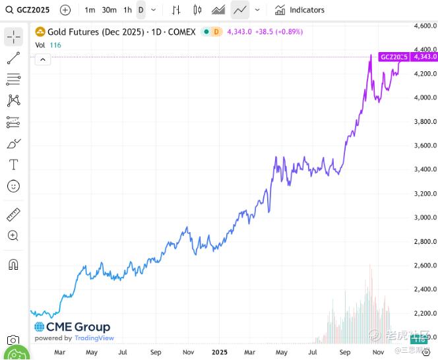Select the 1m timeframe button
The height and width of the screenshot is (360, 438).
click(x=90, y=10)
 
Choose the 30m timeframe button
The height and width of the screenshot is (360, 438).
click(x=109, y=10)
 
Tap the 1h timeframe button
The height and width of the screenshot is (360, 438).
click(x=127, y=10)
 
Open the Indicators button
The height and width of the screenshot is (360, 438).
click(x=300, y=10)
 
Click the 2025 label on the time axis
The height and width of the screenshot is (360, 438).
click(x=219, y=353)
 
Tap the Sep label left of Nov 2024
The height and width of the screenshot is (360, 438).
click(x=156, y=353)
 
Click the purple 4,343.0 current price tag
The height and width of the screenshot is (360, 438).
click(x=423, y=57)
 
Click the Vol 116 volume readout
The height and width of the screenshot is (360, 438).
click(x=47, y=45)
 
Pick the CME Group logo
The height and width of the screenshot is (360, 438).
click(x=72, y=327)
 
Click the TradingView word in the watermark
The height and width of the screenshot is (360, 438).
click(x=94, y=338)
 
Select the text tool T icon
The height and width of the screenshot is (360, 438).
click(x=13, y=164)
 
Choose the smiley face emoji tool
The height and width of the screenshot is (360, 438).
click(x=13, y=187)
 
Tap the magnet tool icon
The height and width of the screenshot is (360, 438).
click(x=13, y=264)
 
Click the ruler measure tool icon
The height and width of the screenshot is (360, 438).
click(x=13, y=214)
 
